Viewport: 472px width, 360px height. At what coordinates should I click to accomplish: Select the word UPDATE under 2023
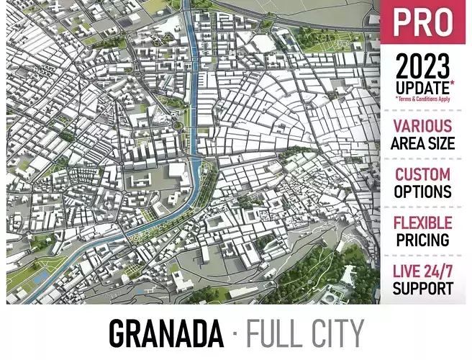tap(420, 87)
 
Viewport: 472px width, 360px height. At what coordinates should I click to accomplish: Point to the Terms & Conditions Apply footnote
tap(423, 99)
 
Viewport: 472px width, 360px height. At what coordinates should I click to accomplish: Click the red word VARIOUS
tap(423, 127)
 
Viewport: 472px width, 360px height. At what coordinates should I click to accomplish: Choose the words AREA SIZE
tap(423, 143)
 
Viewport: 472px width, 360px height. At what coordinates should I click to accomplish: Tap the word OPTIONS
tap(423, 192)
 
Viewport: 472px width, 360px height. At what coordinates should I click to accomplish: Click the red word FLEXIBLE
tap(423, 223)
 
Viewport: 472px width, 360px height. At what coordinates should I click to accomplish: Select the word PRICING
tap(423, 240)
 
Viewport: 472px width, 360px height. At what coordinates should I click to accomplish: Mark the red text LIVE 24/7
tap(423, 272)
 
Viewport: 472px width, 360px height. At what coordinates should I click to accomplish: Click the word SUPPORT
tap(423, 289)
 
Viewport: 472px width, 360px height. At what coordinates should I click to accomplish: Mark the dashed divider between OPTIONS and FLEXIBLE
tap(423, 207)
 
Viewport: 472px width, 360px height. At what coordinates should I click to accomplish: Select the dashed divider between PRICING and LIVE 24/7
tap(423, 256)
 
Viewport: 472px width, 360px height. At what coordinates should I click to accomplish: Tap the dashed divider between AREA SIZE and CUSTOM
tap(423, 158)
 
